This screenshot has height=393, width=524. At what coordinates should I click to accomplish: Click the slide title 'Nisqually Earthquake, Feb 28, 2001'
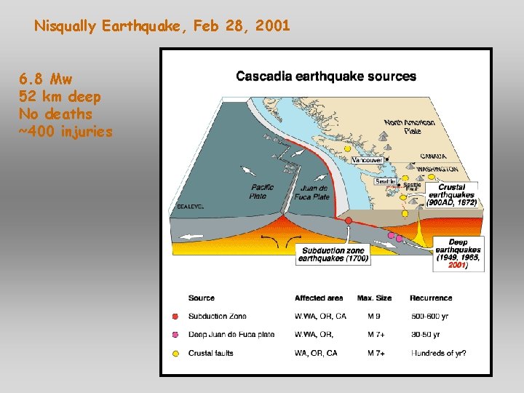point(162,26)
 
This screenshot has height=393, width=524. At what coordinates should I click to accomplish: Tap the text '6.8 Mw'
point(46,79)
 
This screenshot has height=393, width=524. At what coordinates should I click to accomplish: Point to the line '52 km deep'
point(60,96)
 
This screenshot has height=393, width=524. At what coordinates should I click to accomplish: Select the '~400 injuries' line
point(65,132)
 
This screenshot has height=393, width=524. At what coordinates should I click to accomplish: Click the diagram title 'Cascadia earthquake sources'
point(326,76)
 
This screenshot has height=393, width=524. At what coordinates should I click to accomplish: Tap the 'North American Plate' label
point(408,127)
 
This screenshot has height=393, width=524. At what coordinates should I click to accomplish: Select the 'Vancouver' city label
point(367,159)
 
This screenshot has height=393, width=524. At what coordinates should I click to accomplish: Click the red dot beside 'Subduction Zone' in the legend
point(175,317)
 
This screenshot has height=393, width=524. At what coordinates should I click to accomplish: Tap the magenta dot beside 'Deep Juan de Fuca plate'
point(175,335)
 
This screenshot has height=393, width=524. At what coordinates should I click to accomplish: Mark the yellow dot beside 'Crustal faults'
point(175,353)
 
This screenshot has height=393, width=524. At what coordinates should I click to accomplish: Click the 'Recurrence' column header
point(431,298)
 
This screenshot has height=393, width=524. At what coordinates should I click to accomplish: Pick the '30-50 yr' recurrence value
point(425,335)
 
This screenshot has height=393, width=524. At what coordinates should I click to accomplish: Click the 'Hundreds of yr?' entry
point(438,353)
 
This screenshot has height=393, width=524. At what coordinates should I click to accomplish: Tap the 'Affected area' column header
point(319,298)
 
